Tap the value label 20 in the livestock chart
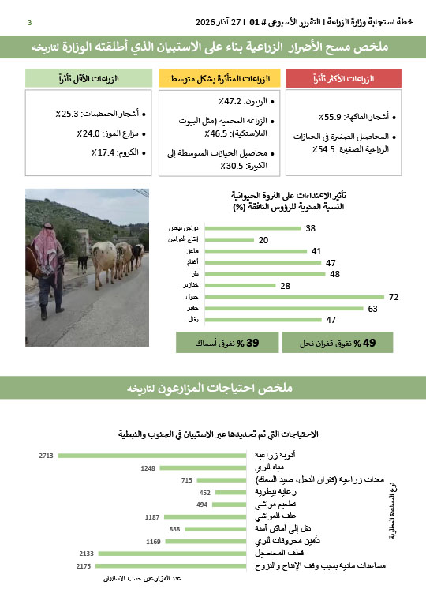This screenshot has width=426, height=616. pyautogui.click(x=263, y=239)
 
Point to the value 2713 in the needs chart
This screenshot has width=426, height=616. pyautogui.click(x=45, y=456)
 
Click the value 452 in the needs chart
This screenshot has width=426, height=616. pyautogui.click(x=204, y=492)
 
